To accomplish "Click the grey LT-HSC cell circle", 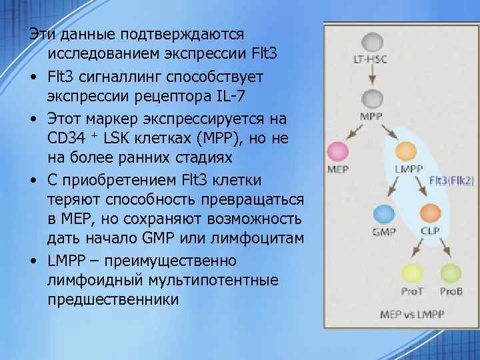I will [x=371, y=42].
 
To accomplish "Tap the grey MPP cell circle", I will [x=371, y=100].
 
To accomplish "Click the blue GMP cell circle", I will [x=383, y=214].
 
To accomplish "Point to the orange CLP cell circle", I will [x=429, y=214].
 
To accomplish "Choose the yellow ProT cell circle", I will [x=411, y=273].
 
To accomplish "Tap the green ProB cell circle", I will [x=450, y=273].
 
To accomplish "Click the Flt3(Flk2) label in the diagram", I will [x=452, y=179].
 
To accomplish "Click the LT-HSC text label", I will [x=370, y=60].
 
